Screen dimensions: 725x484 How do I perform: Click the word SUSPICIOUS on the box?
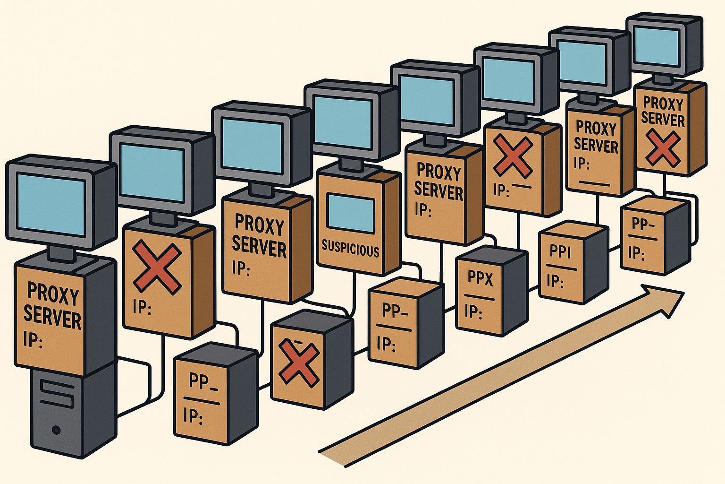(350, 249)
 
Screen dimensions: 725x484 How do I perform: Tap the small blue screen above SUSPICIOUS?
(350, 213)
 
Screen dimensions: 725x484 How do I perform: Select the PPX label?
(481, 278)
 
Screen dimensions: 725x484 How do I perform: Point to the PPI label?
(560, 252)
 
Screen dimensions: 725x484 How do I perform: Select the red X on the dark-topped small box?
(299, 363)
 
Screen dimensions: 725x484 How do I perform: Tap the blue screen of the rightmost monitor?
(656, 46)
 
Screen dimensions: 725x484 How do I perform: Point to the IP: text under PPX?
(473, 311)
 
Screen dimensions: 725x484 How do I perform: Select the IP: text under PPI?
(555, 281)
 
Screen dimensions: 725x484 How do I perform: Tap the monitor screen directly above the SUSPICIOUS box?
(342, 122)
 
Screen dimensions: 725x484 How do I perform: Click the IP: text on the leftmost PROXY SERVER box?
(33, 341)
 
